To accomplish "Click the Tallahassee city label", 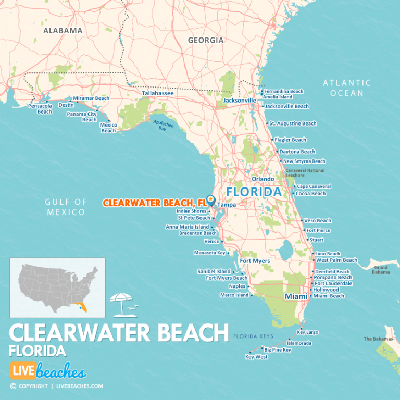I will click(158, 93).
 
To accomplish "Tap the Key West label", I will click(256, 357).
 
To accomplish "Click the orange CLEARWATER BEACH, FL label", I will click(154, 203).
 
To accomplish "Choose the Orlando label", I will click(262, 179).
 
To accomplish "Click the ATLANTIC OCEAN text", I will click(347, 87).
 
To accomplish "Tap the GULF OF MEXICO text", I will click(65, 207).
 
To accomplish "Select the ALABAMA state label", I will click(63, 31).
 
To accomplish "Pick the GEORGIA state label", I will click(206, 40).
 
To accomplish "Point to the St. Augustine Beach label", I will click(293, 123).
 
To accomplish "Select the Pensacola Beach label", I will click(40, 108).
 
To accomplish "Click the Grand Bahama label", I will click(381, 269).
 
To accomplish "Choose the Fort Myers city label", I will click(255, 261).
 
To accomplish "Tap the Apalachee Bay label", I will click(162, 126).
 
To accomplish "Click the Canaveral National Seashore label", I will click(305, 173).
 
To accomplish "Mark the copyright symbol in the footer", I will click(13, 386).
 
